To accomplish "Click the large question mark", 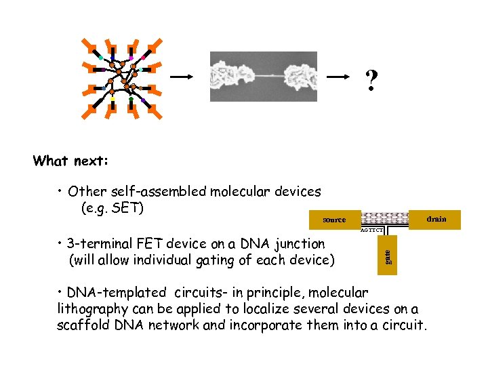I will (x=371, y=82).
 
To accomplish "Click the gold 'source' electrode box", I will (x=333, y=220).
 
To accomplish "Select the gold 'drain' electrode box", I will (x=436, y=219).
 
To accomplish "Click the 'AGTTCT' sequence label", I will (x=372, y=230).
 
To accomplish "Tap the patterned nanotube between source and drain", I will (x=385, y=218).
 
